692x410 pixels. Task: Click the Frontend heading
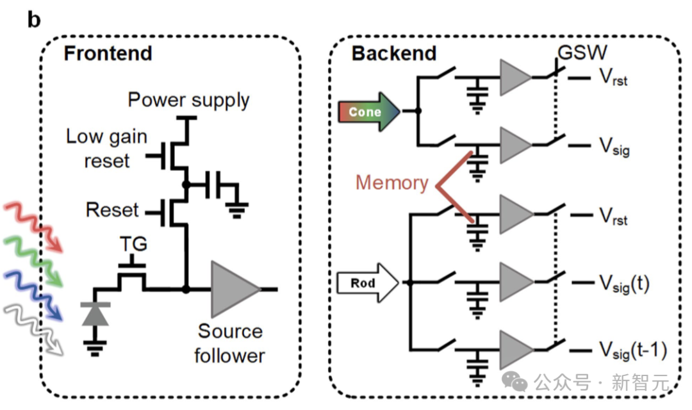point(108,53)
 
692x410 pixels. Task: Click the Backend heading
point(393,53)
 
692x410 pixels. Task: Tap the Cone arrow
point(368,111)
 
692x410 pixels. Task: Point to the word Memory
point(391,183)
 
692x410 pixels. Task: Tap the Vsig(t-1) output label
point(633,350)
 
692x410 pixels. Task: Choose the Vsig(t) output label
point(624,282)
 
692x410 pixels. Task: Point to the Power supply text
point(188,100)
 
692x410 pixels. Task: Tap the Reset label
point(112,210)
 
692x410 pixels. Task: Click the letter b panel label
point(33,20)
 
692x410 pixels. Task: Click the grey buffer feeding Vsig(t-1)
point(515,349)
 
